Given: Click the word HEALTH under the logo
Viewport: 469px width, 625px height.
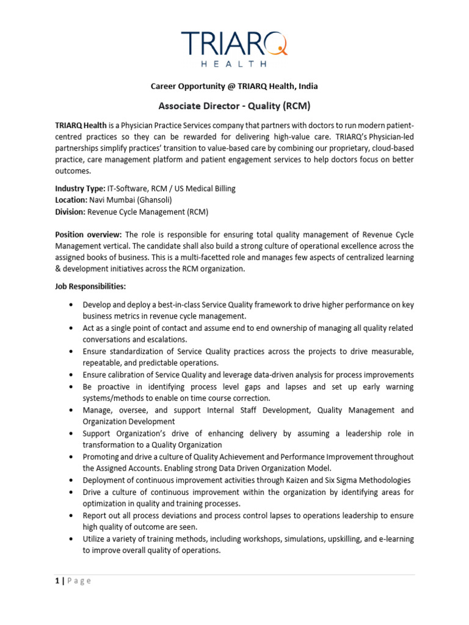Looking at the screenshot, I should click(x=234, y=63).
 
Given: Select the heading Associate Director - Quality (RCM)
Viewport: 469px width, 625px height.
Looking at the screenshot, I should click(x=234, y=106).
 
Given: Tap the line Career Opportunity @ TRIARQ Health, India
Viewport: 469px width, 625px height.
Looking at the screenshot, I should click(x=234, y=86).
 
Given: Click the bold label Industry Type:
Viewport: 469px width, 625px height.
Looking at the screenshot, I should click(x=79, y=189).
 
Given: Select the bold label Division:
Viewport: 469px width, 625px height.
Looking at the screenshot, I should click(x=70, y=212).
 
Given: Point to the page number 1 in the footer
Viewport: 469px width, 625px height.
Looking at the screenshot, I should click(x=57, y=580).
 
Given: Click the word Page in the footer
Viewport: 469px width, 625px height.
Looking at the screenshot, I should click(x=79, y=580).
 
